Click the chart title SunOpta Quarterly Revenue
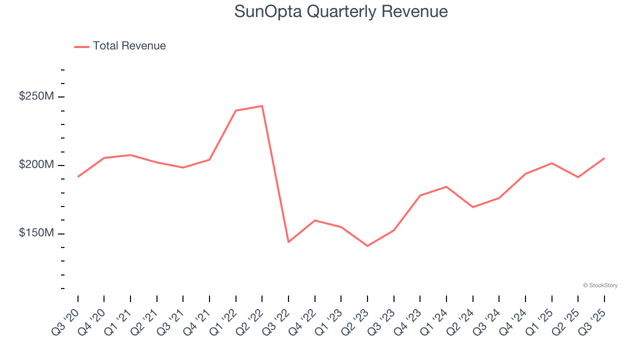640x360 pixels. click(341, 11)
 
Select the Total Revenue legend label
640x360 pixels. click(129, 46)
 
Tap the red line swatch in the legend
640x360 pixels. click(81, 46)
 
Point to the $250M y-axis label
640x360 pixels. click(36, 96)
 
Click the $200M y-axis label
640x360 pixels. click(36, 164)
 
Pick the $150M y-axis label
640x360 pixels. click(36, 233)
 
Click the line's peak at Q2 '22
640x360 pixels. click(262, 106)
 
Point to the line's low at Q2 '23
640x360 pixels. click(367, 246)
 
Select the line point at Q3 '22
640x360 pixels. click(288, 242)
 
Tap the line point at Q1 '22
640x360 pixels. click(235, 110)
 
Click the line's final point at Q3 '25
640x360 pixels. click(604, 158)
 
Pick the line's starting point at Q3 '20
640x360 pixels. click(78, 176)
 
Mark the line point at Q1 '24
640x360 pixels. click(446, 186)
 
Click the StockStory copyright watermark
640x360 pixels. click(600, 285)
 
